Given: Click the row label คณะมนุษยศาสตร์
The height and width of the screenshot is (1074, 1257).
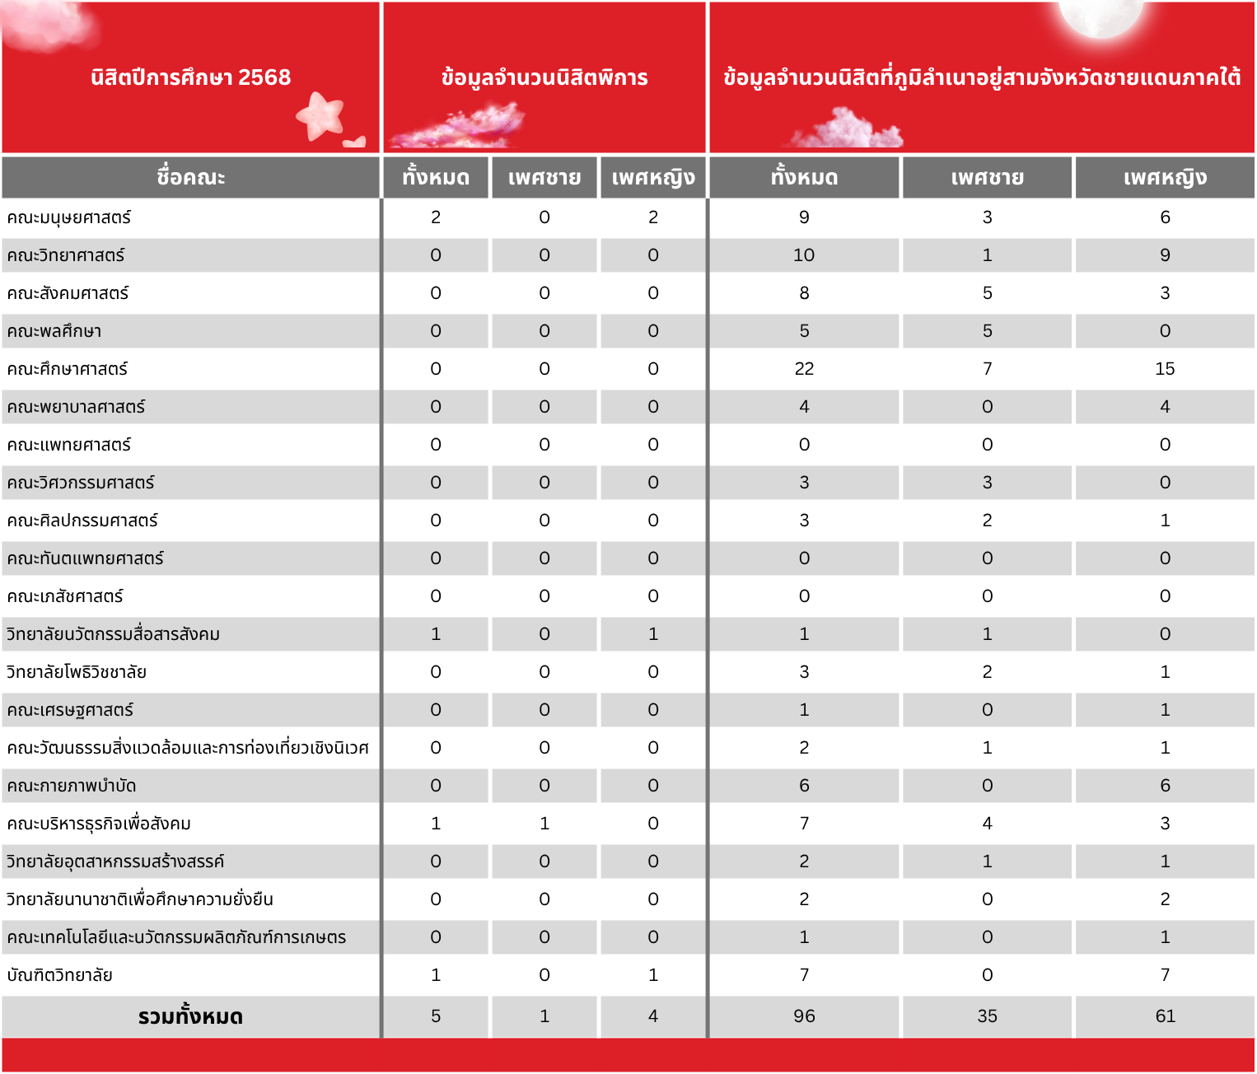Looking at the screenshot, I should click(x=69, y=217).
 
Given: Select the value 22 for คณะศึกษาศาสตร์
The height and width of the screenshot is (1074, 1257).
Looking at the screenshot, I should click(x=804, y=369).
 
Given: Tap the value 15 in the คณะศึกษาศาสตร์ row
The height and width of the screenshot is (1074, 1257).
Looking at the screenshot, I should click(x=1165, y=369).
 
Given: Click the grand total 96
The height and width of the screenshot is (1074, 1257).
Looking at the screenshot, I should click(x=804, y=1016).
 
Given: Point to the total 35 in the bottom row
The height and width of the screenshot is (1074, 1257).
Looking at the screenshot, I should click(x=987, y=1016).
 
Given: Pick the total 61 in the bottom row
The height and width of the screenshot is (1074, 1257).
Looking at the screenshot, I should click(x=1165, y=1016).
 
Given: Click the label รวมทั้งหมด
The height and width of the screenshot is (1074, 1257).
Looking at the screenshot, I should click(x=190, y=1016).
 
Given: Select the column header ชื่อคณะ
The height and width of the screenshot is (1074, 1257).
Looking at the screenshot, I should click(x=190, y=177).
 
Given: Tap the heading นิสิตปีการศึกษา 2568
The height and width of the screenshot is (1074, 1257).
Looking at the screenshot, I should click(x=190, y=77).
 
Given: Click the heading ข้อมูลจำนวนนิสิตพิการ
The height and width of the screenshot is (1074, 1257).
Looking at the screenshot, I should click(x=544, y=77).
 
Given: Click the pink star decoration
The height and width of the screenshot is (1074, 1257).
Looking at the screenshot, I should click(x=321, y=115).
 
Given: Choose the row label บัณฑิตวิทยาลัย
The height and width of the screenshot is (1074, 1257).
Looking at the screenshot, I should click(x=59, y=975).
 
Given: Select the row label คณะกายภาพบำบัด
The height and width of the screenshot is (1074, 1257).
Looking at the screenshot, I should click(x=72, y=786).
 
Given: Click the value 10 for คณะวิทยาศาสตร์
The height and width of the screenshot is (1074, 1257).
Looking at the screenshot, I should click(x=804, y=255).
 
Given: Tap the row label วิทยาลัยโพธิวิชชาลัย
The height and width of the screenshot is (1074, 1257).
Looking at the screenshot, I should click(x=77, y=672).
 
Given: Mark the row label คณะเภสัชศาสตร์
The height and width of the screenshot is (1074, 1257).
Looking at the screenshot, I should click(x=65, y=596).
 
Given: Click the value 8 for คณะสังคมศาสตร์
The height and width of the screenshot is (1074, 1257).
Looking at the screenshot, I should click(x=804, y=293).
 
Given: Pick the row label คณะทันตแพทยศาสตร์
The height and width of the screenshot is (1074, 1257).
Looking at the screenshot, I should click(x=86, y=558).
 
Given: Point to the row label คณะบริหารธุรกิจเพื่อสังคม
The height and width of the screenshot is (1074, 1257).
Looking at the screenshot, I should click(x=99, y=824).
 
